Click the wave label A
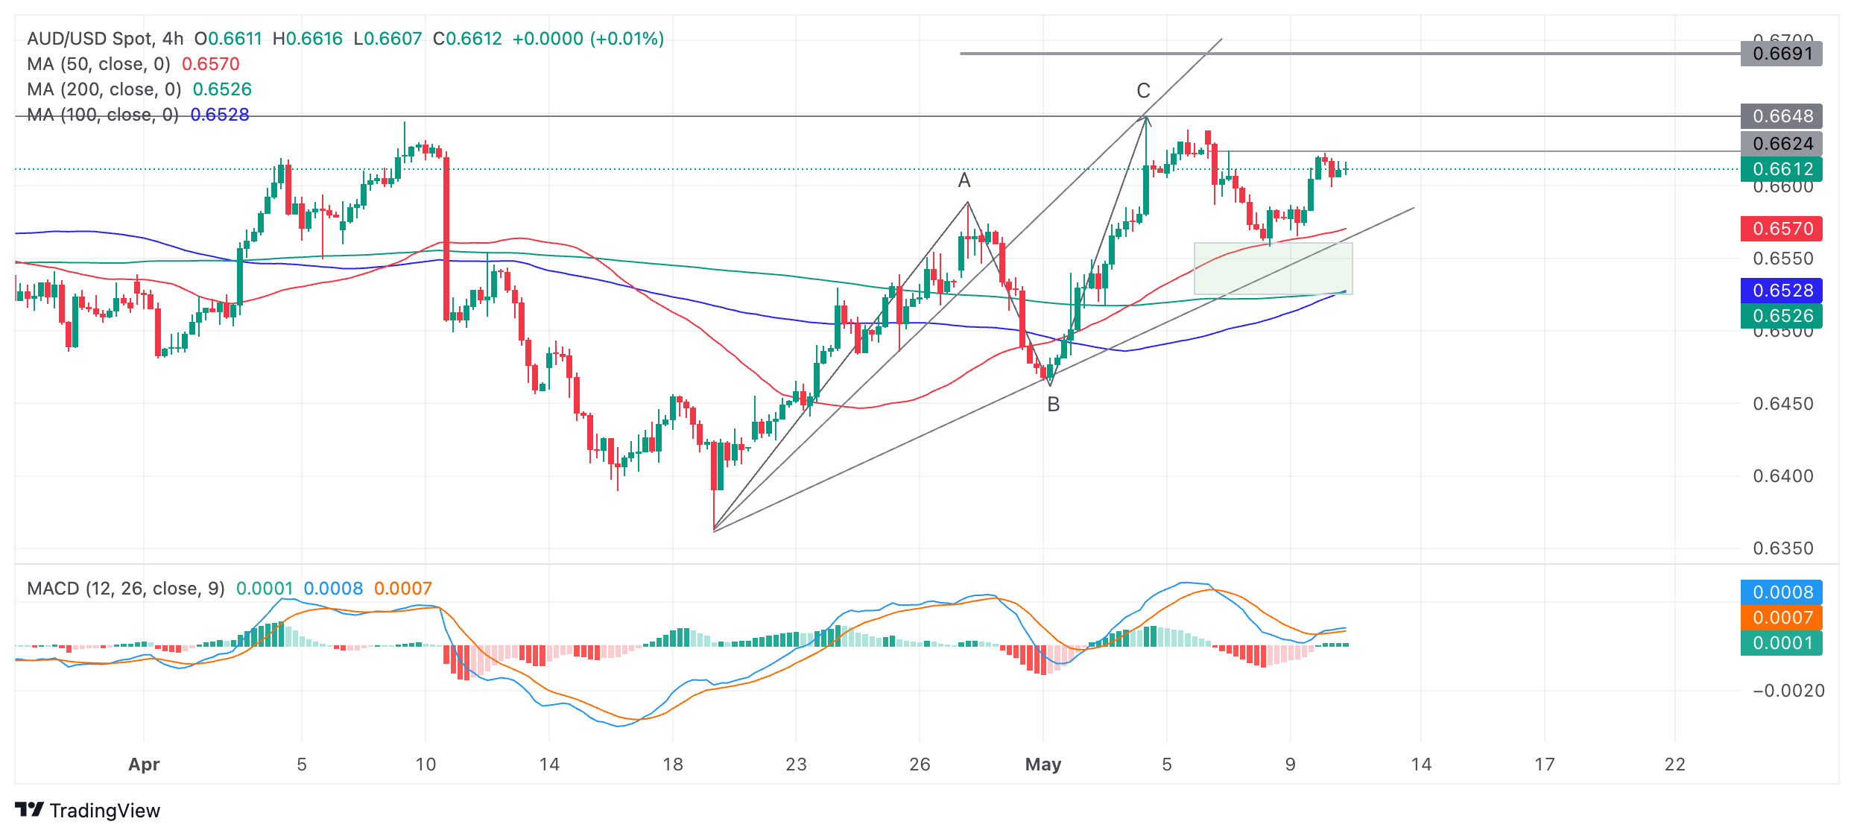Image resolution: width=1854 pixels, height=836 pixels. pyautogui.click(x=964, y=180)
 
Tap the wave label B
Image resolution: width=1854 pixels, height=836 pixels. pyautogui.click(x=1053, y=405)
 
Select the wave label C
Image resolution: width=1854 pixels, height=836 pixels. pyautogui.click(x=1143, y=91)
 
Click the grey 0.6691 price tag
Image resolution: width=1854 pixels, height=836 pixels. pyautogui.click(x=1781, y=54)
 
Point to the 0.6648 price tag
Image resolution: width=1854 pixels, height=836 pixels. pyautogui.click(x=1781, y=116)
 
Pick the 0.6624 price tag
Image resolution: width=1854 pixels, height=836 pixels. pyautogui.click(x=1781, y=144)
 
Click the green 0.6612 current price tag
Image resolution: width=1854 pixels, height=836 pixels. pyautogui.click(x=1781, y=169)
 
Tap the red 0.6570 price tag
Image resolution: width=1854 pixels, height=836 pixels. pyautogui.click(x=1781, y=229)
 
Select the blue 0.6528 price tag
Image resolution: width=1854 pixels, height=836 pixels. pyautogui.click(x=1781, y=291)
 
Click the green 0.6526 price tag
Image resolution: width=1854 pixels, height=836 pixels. pyautogui.click(x=1781, y=316)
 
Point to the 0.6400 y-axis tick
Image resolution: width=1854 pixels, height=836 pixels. pyautogui.click(x=1782, y=476)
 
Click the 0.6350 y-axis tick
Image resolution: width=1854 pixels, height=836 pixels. pyautogui.click(x=1782, y=548)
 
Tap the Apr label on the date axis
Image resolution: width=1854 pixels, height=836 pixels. pyautogui.click(x=144, y=764)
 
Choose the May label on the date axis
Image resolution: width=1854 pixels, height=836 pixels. pyautogui.click(x=1043, y=764)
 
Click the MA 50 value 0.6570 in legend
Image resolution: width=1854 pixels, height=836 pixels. pyautogui.click(x=211, y=64)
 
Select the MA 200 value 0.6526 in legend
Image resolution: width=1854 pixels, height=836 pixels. pyautogui.click(x=222, y=89)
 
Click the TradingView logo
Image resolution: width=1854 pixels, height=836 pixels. pyautogui.click(x=87, y=811)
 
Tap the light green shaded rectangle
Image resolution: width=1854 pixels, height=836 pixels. pyautogui.click(x=1273, y=269)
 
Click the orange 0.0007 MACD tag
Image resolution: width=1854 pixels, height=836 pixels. pyautogui.click(x=1781, y=618)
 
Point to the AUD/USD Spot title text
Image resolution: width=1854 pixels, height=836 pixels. pyautogui.click(x=89, y=39)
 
